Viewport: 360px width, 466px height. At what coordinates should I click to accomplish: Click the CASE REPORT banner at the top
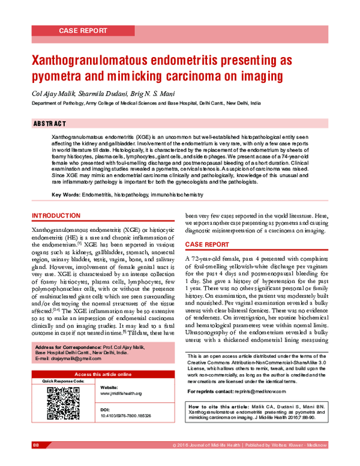point(83,30)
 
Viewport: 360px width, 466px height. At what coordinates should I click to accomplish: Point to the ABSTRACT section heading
point(49,124)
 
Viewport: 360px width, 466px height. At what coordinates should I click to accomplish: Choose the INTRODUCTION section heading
point(56,216)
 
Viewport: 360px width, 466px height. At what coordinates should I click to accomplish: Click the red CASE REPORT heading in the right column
point(207,244)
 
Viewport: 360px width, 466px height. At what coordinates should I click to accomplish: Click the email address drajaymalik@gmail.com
point(67,359)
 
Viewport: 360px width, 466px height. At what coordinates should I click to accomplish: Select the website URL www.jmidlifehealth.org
point(121,393)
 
